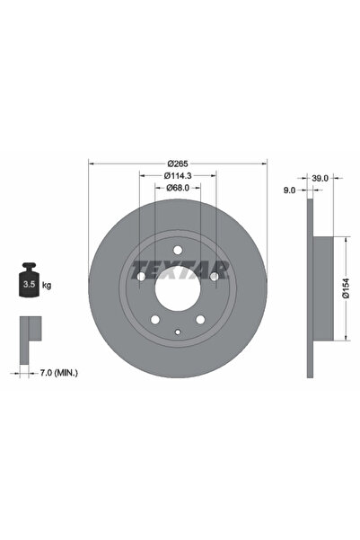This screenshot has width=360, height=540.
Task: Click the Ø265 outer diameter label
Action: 177,162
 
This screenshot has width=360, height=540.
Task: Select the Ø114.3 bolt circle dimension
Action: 177,175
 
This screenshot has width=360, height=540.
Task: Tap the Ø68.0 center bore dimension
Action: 177,188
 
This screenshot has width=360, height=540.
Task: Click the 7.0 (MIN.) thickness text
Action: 55,369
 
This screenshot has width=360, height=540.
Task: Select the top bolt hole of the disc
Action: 178,249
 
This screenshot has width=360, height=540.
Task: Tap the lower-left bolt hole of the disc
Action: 154,321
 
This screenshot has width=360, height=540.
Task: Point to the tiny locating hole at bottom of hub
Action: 178,333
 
